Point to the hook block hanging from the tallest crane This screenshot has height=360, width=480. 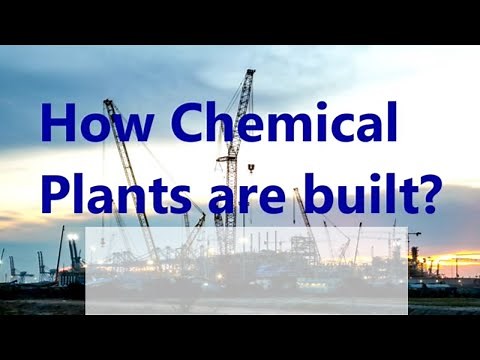250,168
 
